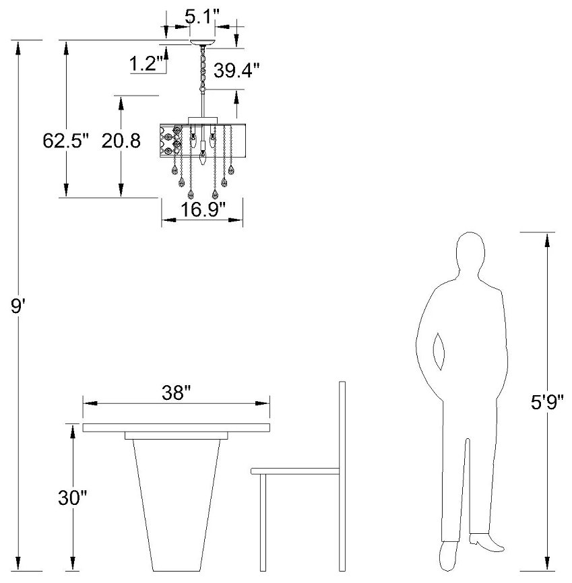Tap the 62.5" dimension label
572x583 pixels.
coord(66,141)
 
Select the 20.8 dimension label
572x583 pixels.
coord(121,141)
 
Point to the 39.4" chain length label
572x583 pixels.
coord(236,70)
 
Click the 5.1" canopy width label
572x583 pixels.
coord(202,17)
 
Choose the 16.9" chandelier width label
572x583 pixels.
coord(203,209)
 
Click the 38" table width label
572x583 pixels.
coord(177,392)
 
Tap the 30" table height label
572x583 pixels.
coord(73,498)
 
